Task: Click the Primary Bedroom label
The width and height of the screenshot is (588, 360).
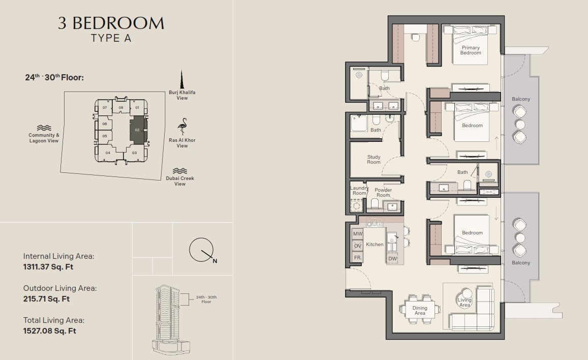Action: coord(471,50)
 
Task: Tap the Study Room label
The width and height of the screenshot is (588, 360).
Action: coord(374,159)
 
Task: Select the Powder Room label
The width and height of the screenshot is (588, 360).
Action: coord(383,192)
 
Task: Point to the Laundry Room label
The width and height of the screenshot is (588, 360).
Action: coord(359,191)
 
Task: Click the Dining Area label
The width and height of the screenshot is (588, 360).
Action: coord(420,311)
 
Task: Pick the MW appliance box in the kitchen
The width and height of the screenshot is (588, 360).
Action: coord(358,233)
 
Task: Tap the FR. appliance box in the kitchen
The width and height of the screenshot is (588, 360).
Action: coord(358,258)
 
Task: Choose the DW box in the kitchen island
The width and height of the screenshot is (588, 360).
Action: coord(392,258)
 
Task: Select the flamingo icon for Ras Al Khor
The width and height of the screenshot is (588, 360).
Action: coord(182,127)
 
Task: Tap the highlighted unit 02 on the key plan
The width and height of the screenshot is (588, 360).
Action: coord(138,129)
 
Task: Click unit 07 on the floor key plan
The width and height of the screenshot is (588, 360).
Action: coord(105,108)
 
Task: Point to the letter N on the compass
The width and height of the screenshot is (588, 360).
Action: coord(215,261)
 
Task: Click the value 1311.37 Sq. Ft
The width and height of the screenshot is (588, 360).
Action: coord(48,267)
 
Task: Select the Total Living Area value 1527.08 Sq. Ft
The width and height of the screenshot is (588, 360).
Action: coord(49,331)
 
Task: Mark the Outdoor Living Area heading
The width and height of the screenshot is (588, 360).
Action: coord(60,288)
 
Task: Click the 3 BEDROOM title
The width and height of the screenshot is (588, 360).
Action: coord(111,23)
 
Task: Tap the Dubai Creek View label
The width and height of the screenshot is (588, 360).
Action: coord(180,181)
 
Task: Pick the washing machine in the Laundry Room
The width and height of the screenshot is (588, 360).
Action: coord(357,206)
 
